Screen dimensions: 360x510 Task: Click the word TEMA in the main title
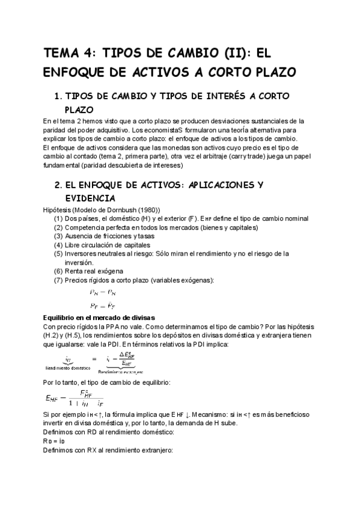(62, 53)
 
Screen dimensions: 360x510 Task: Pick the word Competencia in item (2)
(87, 227)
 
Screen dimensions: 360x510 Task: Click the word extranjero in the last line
(154, 450)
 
